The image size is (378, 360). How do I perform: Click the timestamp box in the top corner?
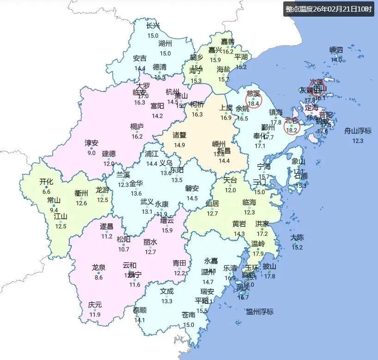click(329, 9)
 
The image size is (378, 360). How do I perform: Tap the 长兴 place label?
click(153, 26)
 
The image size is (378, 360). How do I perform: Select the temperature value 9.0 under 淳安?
click(91, 153)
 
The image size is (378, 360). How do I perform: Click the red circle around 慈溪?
click(253, 99)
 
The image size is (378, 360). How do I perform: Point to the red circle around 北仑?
click(292, 126)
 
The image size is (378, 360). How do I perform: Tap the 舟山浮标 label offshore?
click(358, 131)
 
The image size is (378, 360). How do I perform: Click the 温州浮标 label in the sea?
click(260, 311)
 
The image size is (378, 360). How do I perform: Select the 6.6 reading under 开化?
click(46, 192)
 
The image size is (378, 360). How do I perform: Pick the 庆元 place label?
click(95, 305)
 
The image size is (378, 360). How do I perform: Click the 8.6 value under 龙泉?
click(98, 277)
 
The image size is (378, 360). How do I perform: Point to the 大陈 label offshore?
click(297, 238)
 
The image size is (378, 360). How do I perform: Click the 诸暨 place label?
click(179, 135)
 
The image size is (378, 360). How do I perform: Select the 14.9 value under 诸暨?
click(179, 145)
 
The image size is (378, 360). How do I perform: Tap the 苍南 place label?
click(189, 315)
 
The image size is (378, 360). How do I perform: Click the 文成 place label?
click(167, 291)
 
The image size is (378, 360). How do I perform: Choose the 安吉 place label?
click(140, 58)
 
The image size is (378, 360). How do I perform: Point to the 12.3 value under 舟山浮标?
click(358, 141)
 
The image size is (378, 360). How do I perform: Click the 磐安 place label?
click(192, 188)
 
